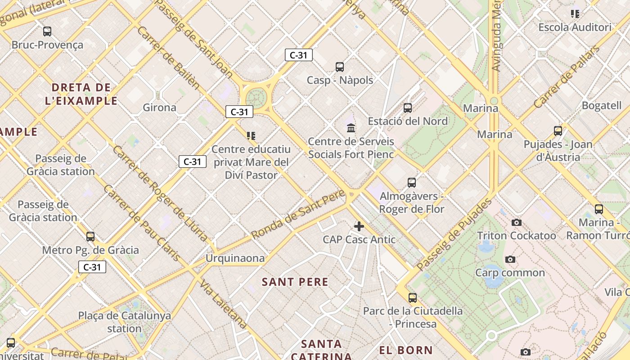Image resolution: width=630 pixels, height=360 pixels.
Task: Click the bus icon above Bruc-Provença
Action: (47, 31)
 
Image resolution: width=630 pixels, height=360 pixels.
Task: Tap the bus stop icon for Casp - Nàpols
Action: (340, 67)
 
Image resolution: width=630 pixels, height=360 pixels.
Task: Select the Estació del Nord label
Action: (408, 121)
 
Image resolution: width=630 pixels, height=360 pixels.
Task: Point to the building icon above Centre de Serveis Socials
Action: (351, 128)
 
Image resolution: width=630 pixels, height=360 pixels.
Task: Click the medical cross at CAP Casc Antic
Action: (359, 226)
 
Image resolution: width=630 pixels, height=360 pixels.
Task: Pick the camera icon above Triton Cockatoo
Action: (517, 222)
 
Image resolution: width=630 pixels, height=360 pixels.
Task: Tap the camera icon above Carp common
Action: (510, 259)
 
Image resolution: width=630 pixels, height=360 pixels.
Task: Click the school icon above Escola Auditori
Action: (575, 14)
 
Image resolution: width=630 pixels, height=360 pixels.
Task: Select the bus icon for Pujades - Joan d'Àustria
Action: (558, 131)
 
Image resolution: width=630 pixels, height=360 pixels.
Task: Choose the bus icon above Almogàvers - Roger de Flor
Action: (411, 183)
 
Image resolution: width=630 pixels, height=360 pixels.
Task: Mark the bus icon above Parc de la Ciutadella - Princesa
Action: (412, 297)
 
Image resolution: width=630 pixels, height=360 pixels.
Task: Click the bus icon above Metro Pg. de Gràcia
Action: (90, 237)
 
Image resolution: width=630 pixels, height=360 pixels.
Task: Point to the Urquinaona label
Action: (235, 258)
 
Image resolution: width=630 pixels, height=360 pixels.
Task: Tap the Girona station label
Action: (159, 108)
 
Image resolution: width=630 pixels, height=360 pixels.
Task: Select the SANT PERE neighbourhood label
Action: (295, 282)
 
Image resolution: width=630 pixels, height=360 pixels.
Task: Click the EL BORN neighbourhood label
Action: (405, 350)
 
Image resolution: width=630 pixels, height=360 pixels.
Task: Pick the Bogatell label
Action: (601, 106)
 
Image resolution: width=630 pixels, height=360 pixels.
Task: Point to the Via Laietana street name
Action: (223, 304)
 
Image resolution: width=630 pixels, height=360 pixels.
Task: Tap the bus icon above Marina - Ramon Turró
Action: (598, 209)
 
